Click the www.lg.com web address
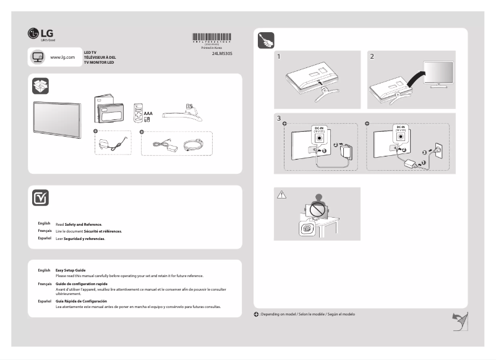(x=62, y=57)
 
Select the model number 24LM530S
(x=221, y=54)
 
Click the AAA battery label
(x=148, y=114)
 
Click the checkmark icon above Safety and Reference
(x=40, y=197)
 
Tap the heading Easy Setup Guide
(x=71, y=270)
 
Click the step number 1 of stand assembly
(x=280, y=56)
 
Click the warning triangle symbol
(x=282, y=195)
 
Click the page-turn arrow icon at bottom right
(x=459, y=321)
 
